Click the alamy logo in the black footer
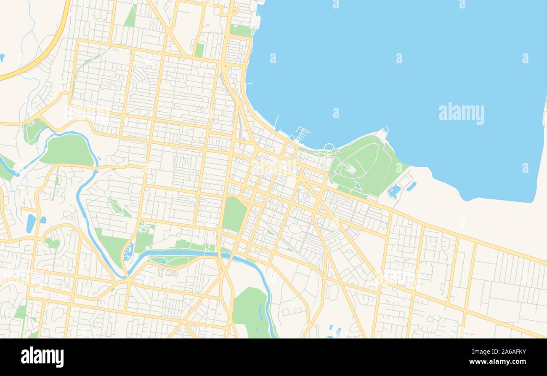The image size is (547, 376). click(x=42, y=357)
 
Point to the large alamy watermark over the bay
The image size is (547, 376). click(x=461, y=113)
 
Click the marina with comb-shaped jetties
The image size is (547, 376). click(x=302, y=134)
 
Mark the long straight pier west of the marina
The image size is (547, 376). click(x=276, y=121)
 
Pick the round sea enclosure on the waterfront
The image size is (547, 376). click(x=329, y=147)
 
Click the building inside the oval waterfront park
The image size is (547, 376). click(x=350, y=169)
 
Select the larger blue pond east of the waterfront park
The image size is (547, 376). click(x=394, y=191)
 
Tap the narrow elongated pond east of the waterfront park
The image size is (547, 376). click(x=411, y=186)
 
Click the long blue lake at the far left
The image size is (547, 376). click(x=31, y=223)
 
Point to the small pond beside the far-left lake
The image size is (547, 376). click(x=43, y=220)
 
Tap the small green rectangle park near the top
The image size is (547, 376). click(x=199, y=50)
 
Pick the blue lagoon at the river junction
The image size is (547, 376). click(x=128, y=252)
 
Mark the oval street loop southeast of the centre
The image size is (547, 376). click(x=295, y=229)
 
